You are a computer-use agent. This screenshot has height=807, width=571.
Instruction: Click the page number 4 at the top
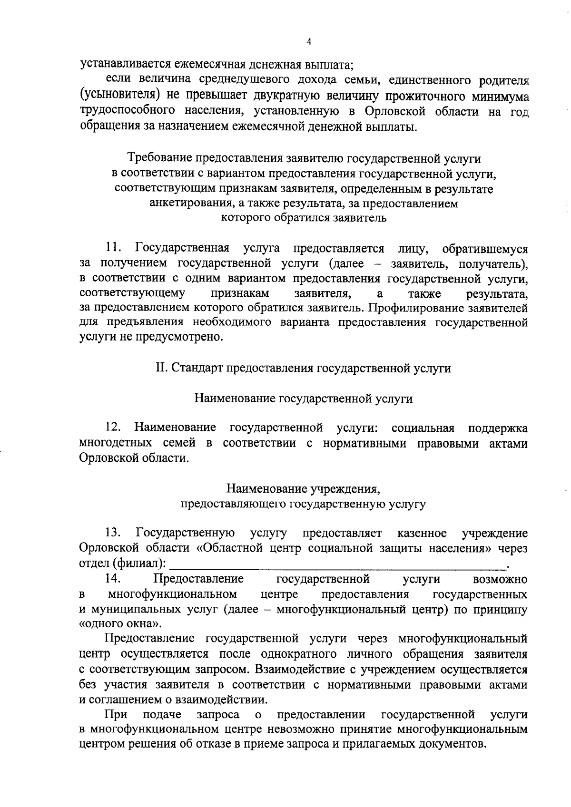[308, 42]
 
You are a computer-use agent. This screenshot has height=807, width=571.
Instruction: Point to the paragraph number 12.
[115, 428]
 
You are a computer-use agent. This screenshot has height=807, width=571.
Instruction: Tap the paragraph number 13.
[115, 533]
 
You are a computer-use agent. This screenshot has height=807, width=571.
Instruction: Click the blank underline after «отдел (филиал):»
[338, 564]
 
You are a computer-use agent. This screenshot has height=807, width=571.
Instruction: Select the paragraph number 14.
[115, 579]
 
